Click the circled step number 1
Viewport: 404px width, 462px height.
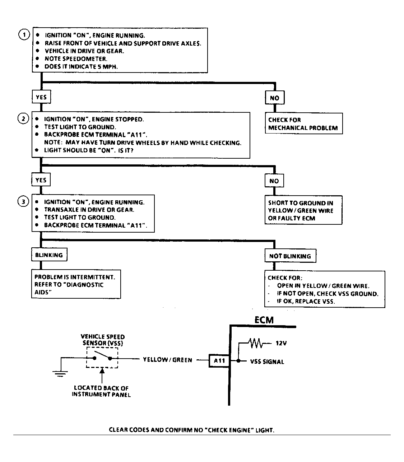pyautogui.click(x=24, y=35)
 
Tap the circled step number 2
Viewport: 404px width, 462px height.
pyautogui.click(x=23, y=119)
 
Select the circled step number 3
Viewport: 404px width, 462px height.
pyautogui.click(x=23, y=202)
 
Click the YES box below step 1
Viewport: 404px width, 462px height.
pyautogui.click(x=41, y=97)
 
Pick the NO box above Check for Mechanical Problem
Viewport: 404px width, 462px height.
pyautogui.click(x=274, y=98)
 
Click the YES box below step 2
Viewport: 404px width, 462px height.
pyautogui.click(x=41, y=180)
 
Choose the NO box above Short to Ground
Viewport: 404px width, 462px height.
pyautogui.click(x=274, y=181)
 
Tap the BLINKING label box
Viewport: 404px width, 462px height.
pyautogui.click(x=49, y=255)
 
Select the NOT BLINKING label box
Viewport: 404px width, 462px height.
pyautogui.click(x=290, y=256)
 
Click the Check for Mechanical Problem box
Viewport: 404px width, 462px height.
pyautogui.click(x=303, y=124)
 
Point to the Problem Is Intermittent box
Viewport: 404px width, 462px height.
pyautogui.click(x=75, y=284)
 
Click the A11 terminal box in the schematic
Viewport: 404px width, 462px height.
pyautogui.click(x=219, y=360)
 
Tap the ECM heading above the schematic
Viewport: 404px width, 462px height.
pyautogui.click(x=264, y=320)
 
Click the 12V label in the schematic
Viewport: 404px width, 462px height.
pyautogui.click(x=281, y=343)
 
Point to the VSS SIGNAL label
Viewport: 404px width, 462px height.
pyautogui.click(x=267, y=362)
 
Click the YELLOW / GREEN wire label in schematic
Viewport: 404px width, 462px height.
pyautogui.click(x=167, y=360)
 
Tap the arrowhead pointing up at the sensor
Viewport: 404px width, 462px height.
pyautogui.click(x=103, y=370)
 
